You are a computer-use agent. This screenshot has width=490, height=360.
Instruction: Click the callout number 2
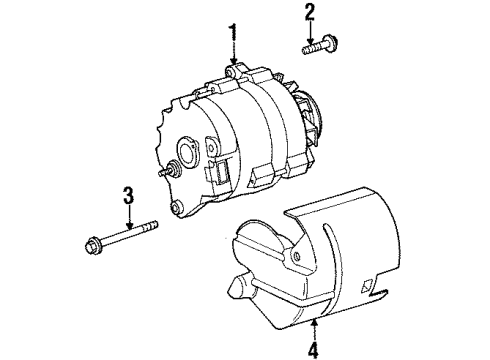(x=310, y=13)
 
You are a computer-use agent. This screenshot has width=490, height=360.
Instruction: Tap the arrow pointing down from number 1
(x=234, y=56)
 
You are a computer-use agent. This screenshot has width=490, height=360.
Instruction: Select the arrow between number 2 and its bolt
(x=310, y=30)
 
